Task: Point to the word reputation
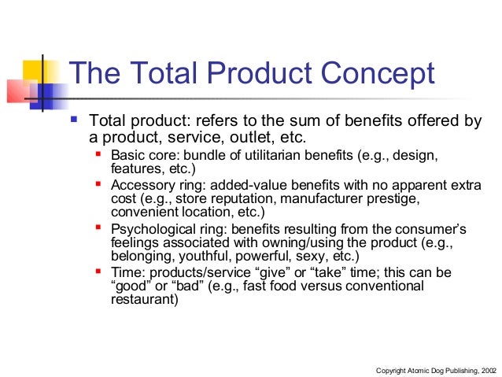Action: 228,198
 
